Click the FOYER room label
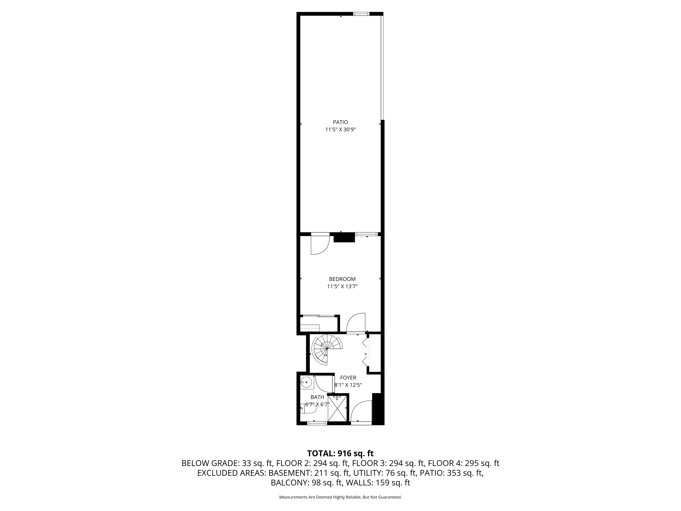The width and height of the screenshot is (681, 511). pos(348,378)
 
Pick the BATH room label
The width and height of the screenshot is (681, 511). pos(317,397)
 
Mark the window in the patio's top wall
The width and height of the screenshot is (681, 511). pos(361,14)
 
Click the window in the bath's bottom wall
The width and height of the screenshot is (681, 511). pos(317,423)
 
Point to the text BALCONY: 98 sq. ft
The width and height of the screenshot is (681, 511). pos(307,483)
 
